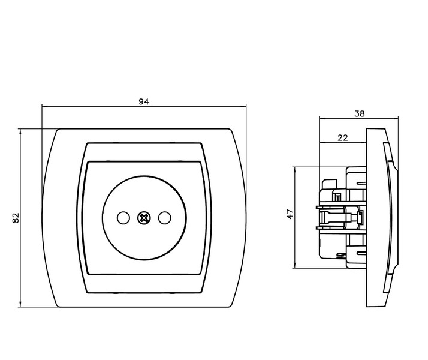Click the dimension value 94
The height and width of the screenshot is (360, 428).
tap(144, 101)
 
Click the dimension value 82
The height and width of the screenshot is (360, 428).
tap(16, 218)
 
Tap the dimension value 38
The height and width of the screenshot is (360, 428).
tap(360, 113)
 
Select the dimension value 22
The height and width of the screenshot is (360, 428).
tap(342, 137)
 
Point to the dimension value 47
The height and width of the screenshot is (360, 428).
tap(290, 214)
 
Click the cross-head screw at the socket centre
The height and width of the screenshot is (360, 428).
tap(144, 218)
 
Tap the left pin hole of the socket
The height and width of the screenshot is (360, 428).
tap(123, 218)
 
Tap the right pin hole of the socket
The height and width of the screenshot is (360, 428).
tap(165, 218)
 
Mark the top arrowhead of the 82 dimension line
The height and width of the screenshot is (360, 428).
tap(20, 132)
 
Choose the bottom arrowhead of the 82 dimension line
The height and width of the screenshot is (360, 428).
tap(20, 304)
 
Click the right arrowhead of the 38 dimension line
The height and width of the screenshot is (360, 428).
tap(395, 118)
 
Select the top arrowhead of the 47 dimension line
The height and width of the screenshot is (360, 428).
tap(295, 170)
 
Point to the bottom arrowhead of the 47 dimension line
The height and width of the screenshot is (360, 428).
tap(295, 265)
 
